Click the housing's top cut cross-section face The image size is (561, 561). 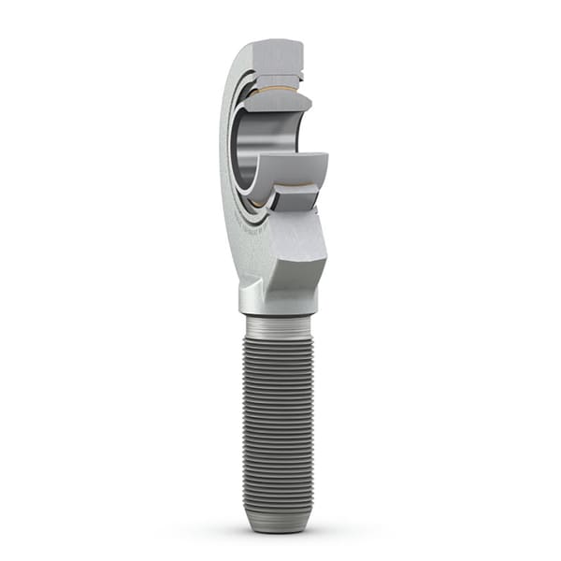click(277, 54)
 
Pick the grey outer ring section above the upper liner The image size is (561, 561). click(280, 76)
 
